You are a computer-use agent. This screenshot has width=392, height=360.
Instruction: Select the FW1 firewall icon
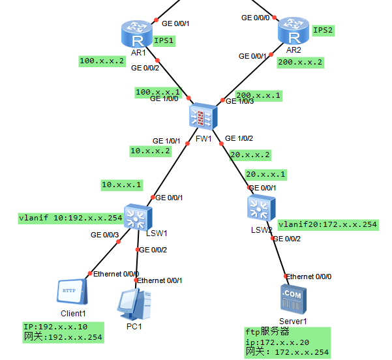point(203,117)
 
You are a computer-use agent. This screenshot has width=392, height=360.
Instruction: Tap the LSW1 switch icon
point(138,217)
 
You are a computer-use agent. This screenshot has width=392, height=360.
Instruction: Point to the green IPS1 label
point(164,40)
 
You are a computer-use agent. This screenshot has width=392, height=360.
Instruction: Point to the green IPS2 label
point(324,30)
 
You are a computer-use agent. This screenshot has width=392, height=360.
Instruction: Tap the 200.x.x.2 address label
point(301,63)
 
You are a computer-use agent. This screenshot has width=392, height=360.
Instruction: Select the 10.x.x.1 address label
point(121,185)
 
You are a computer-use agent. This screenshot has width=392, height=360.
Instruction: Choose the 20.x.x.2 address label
point(249,155)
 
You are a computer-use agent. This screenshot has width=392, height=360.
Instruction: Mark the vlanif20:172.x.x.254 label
point(327,224)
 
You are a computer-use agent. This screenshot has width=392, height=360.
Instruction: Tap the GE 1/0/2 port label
point(239,138)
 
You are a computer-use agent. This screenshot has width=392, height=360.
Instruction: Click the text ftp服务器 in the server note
point(267,332)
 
